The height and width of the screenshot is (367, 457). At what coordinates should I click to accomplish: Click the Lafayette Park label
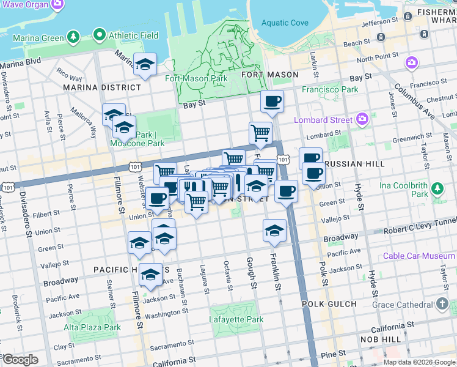point(236,319)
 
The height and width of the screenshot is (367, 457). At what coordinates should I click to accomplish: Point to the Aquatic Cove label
point(285,23)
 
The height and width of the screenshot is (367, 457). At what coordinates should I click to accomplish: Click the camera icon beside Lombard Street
point(362,118)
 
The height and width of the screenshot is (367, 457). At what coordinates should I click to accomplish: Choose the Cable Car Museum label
point(419,256)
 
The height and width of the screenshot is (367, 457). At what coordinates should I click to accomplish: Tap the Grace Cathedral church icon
point(442,304)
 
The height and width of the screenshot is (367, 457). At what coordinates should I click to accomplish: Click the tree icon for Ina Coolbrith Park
point(437,187)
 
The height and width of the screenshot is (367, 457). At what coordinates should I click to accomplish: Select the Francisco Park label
point(330,89)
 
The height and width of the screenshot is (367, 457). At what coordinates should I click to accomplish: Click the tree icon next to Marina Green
point(74,38)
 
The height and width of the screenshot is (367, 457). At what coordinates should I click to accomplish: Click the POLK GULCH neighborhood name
point(329,304)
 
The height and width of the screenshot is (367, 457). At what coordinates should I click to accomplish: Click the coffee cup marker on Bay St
point(272,102)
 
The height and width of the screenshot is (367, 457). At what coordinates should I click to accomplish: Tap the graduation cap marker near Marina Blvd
point(145,64)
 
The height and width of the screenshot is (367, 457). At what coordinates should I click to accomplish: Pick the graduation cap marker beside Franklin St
point(274,231)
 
